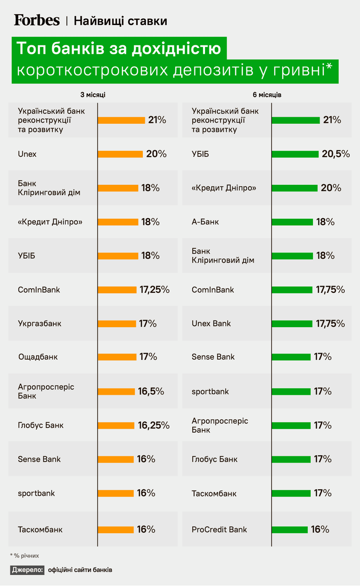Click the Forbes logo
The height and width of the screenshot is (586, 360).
pos(37,20)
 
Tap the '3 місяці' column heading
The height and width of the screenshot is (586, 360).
pos(93,95)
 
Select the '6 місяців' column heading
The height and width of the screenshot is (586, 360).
pos(267,95)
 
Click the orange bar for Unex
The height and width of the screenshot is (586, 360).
pos(120,154)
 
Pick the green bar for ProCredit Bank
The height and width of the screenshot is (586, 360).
pos(290,530)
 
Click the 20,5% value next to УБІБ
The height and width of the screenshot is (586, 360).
pos(335,154)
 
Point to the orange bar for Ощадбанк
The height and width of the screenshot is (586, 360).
pos(117,357)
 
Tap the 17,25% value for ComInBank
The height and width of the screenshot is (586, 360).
pos(155,289)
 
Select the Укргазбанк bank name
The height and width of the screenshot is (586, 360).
pos(40,323)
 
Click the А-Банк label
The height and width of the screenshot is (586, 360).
pos(205,222)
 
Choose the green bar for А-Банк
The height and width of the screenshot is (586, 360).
pos(292,222)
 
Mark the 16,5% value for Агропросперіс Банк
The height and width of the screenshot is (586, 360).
pos(151,391)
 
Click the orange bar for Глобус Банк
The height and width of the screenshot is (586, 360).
pos(116,426)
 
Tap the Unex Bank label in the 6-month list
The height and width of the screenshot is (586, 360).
pos(211,323)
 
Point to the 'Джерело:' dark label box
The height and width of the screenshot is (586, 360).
pos(27,570)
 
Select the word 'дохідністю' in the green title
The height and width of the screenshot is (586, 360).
pos(176,49)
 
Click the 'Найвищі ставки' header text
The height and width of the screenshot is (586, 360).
pos(120,21)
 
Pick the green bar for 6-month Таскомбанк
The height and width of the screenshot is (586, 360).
pos(291,494)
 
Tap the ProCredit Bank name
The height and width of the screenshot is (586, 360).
pos(219,529)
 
